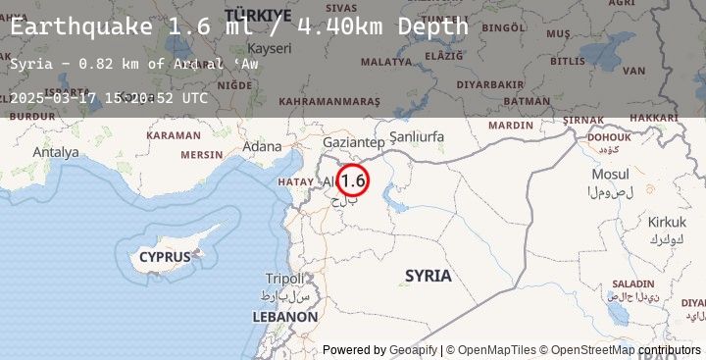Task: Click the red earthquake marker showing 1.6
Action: (x=353, y=180)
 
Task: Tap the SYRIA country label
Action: (x=429, y=276)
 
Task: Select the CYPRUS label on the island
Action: (x=164, y=257)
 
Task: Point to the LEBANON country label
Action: (x=285, y=317)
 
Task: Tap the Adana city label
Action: (x=262, y=146)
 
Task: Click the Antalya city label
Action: (x=55, y=152)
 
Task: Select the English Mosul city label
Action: (x=611, y=174)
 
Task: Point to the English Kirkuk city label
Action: (x=667, y=222)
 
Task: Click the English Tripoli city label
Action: (x=285, y=278)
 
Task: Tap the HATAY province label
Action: (x=294, y=181)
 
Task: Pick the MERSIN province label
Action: (x=202, y=155)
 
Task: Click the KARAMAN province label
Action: (x=173, y=134)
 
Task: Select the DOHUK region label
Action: (x=609, y=137)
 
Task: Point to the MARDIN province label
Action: (x=511, y=126)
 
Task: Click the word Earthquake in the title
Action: (x=81, y=26)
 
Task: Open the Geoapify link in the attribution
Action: (x=407, y=349)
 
